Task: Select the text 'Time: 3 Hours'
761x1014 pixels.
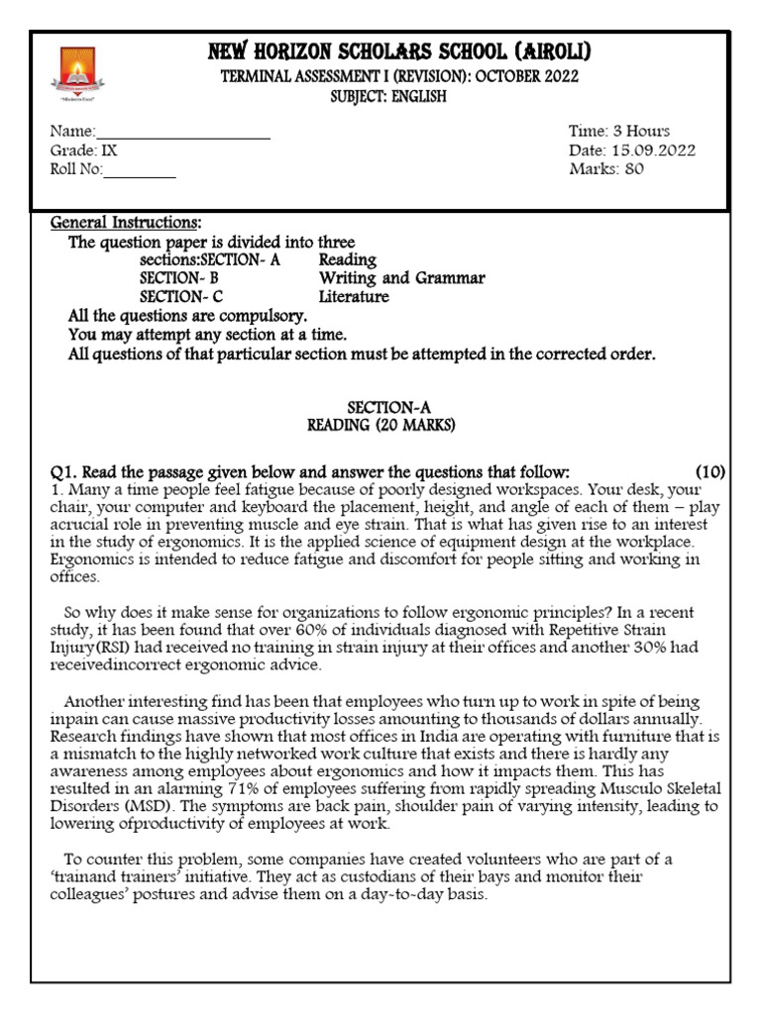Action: coord(618,131)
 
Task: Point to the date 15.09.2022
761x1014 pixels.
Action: coord(653,151)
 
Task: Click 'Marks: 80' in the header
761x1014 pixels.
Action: coord(605,169)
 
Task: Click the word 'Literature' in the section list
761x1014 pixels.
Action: coord(354,297)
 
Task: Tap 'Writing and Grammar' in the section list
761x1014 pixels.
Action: coord(401,278)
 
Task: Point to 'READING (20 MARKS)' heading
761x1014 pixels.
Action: coord(380,426)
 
